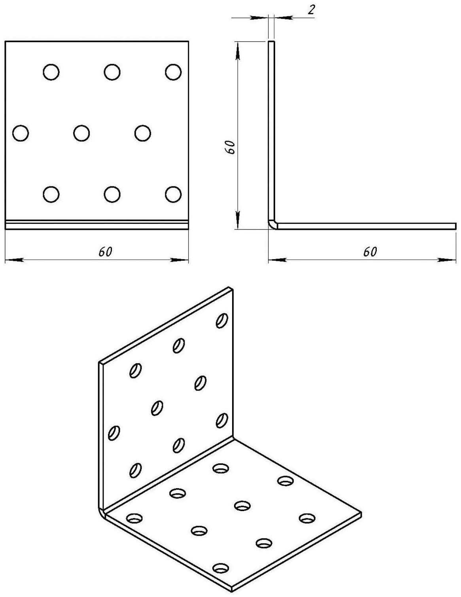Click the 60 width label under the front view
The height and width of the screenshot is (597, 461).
point(106,252)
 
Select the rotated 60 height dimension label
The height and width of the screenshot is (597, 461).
point(229,148)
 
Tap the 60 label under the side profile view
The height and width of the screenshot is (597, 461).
point(370,252)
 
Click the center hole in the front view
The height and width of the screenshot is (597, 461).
point(81,133)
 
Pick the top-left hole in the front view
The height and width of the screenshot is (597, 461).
point(51,72)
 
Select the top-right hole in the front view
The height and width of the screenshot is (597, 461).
point(173,72)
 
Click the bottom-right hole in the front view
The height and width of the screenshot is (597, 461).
point(173,194)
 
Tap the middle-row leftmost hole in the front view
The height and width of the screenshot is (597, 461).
point(21,133)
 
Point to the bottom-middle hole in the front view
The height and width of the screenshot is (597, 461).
point(112,194)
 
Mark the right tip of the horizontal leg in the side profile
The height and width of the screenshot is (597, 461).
point(456,226)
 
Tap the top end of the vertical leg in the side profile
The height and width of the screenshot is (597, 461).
point(271,42)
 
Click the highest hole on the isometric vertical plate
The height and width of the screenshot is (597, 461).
point(222,320)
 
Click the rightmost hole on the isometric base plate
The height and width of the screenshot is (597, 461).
point(307,518)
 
